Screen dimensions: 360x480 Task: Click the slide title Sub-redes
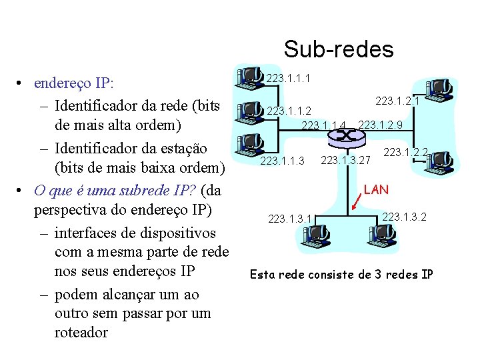[338, 49]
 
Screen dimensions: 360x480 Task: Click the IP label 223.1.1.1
[289, 79]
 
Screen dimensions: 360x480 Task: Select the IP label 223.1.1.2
[289, 110]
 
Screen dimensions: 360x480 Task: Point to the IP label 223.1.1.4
[324, 125]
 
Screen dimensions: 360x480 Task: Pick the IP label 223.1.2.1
[397, 101]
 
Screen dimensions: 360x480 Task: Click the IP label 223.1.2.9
[380, 125]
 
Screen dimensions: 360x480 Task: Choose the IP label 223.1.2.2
[405, 153]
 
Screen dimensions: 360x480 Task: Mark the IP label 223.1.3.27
[345, 159]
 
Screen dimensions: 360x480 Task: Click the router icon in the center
[346, 137]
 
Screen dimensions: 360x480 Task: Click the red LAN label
[376, 189]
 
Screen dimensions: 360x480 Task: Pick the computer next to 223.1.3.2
[381, 233]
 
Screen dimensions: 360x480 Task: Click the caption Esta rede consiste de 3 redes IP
[341, 273]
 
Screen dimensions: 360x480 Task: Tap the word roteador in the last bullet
[81, 332]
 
